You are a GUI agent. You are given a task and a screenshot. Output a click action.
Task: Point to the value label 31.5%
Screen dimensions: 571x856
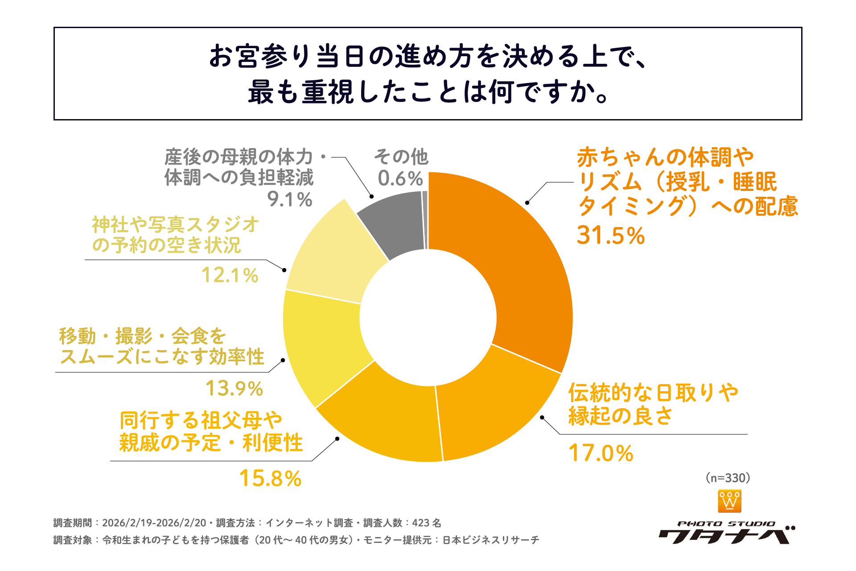pos(610,235)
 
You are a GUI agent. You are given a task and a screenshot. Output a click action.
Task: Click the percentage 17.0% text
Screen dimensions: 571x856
pos(601,453)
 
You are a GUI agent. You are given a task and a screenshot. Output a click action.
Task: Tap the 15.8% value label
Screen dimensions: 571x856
pos(270,478)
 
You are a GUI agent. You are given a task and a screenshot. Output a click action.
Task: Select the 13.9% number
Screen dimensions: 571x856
pos(234,388)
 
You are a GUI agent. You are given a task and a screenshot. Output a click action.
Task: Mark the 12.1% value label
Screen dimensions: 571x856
pos(230,275)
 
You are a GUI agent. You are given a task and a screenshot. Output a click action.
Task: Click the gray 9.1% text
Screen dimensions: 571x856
pos(289,199)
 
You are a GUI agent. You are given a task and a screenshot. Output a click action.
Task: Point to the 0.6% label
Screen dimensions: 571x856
pos(400,178)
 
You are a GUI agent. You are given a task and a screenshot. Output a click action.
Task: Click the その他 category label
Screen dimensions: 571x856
pos(401,157)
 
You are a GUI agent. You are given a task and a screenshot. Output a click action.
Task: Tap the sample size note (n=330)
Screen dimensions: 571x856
pos(728,478)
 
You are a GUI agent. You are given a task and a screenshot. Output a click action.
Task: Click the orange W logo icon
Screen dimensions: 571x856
pos(729,501)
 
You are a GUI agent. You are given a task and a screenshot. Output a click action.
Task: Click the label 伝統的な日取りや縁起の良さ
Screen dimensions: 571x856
pos(653,404)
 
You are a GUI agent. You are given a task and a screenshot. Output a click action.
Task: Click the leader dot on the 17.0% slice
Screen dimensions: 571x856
pos(542,418)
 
